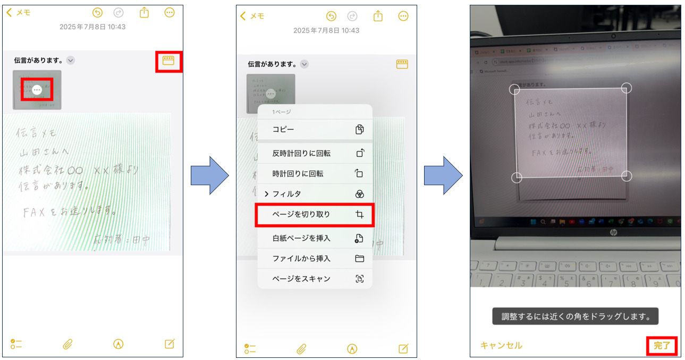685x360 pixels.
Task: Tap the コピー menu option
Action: (315, 129)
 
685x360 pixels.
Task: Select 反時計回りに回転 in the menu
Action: (315, 153)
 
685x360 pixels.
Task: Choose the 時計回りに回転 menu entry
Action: (315, 173)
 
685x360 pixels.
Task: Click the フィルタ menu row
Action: (315, 194)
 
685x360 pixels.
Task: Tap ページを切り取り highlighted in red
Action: (315, 214)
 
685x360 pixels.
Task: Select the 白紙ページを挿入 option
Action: (315, 238)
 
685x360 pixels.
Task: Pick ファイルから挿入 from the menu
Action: (315, 258)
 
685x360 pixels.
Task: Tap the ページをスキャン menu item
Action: (315, 279)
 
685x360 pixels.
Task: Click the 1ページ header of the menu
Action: (282, 112)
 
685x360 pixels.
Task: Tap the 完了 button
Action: (662, 346)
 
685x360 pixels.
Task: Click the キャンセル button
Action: (501, 346)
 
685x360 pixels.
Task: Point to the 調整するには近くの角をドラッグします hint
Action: (575, 316)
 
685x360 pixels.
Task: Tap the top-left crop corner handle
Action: (514, 89)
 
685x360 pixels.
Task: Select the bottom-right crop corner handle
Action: (627, 176)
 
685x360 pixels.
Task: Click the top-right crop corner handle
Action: (627, 88)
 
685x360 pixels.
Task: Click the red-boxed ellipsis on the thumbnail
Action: (37, 90)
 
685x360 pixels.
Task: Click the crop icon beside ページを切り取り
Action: (360, 214)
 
